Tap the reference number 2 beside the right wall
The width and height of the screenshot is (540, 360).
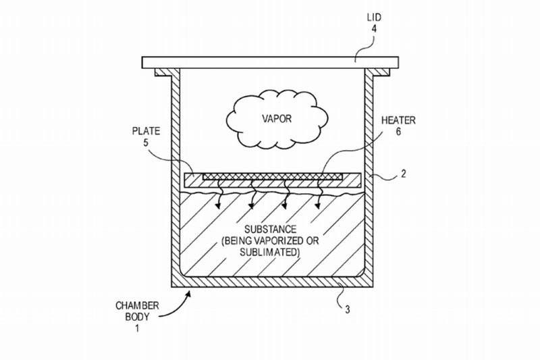[404, 174]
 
